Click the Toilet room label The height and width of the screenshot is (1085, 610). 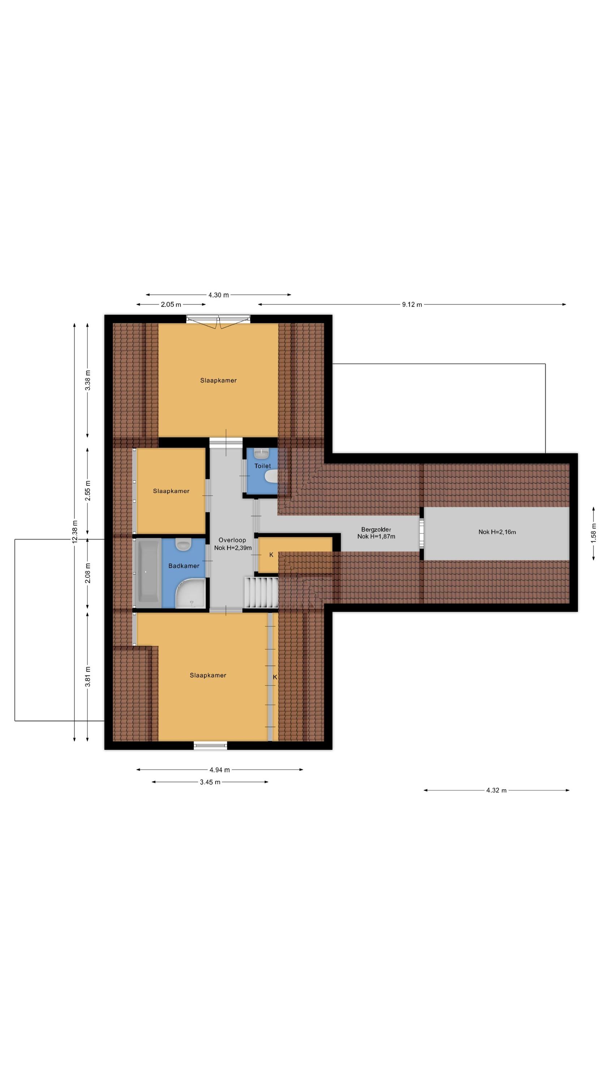point(262,466)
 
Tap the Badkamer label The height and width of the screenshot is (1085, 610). point(184,566)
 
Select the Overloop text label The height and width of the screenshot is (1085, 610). point(232,540)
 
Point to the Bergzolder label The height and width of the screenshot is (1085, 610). point(376,529)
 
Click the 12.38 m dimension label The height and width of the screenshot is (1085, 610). point(74,532)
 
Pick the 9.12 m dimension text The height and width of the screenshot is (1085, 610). point(412,305)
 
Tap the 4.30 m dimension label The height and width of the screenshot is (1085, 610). point(219,295)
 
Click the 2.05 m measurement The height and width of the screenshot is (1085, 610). point(171,305)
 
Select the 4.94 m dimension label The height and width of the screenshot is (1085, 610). point(219,770)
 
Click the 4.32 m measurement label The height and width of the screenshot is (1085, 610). point(496,790)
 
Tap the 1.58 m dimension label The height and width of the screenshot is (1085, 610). point(594,533)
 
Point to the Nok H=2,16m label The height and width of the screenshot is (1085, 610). point(497,532)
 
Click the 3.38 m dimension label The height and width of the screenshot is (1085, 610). point(87,380)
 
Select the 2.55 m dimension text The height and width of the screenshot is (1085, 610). point(87,491)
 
